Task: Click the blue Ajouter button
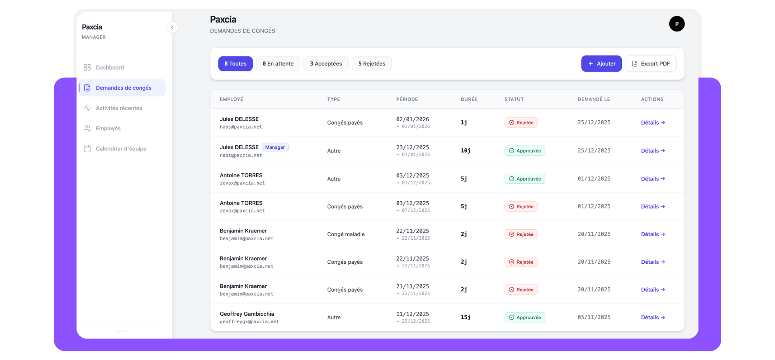[601, 63]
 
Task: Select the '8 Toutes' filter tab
[235, 63]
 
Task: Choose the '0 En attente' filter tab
[278, 63]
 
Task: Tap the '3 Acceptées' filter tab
[326, 63]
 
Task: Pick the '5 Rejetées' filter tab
[371, 63]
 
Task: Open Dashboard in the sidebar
[110, 67]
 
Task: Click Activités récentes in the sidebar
[119, 108]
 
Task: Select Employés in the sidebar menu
[108, 128]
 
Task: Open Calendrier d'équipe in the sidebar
[121, 149]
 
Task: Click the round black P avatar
[676, 24]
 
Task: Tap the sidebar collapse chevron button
[172, 27]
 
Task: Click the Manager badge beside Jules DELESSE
[275, 147]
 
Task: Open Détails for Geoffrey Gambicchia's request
[653, 318]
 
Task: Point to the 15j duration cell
[465, 317]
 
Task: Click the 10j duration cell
[465, 150]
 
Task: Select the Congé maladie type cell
[346, 234]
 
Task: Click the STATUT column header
[514, 99]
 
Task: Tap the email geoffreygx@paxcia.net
[249, 322]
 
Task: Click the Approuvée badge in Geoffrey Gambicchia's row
[524, 318]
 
